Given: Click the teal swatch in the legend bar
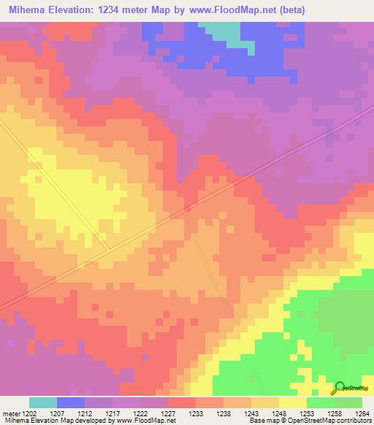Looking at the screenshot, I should [x=42, y=402].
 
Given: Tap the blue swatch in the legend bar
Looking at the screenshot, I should [x=70, y=402].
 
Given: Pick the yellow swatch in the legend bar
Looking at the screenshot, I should [x=292, y=402].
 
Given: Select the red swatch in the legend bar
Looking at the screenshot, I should [x=181, y=402].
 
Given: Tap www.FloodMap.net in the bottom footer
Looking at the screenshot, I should [x=140, y=421].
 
